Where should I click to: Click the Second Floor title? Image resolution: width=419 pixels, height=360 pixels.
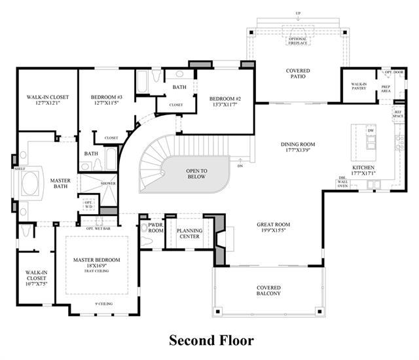[211, 340]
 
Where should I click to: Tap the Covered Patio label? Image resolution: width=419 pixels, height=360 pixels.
[298, 73]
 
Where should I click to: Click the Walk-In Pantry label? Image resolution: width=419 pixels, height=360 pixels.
[359, 86]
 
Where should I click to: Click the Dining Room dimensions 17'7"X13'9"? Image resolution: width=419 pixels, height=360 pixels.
[298, 151]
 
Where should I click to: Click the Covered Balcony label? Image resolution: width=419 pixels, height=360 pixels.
[268, 291]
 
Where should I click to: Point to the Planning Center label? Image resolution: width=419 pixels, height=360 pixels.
[190, 234]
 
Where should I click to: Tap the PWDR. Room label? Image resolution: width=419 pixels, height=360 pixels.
[156, 228]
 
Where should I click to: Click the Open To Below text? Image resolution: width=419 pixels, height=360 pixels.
[196, 173]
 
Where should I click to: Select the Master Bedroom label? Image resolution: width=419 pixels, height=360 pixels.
[97, 260]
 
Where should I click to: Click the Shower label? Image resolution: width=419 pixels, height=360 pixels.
[108, 183]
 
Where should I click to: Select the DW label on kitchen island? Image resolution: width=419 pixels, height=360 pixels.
[371, 131]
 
